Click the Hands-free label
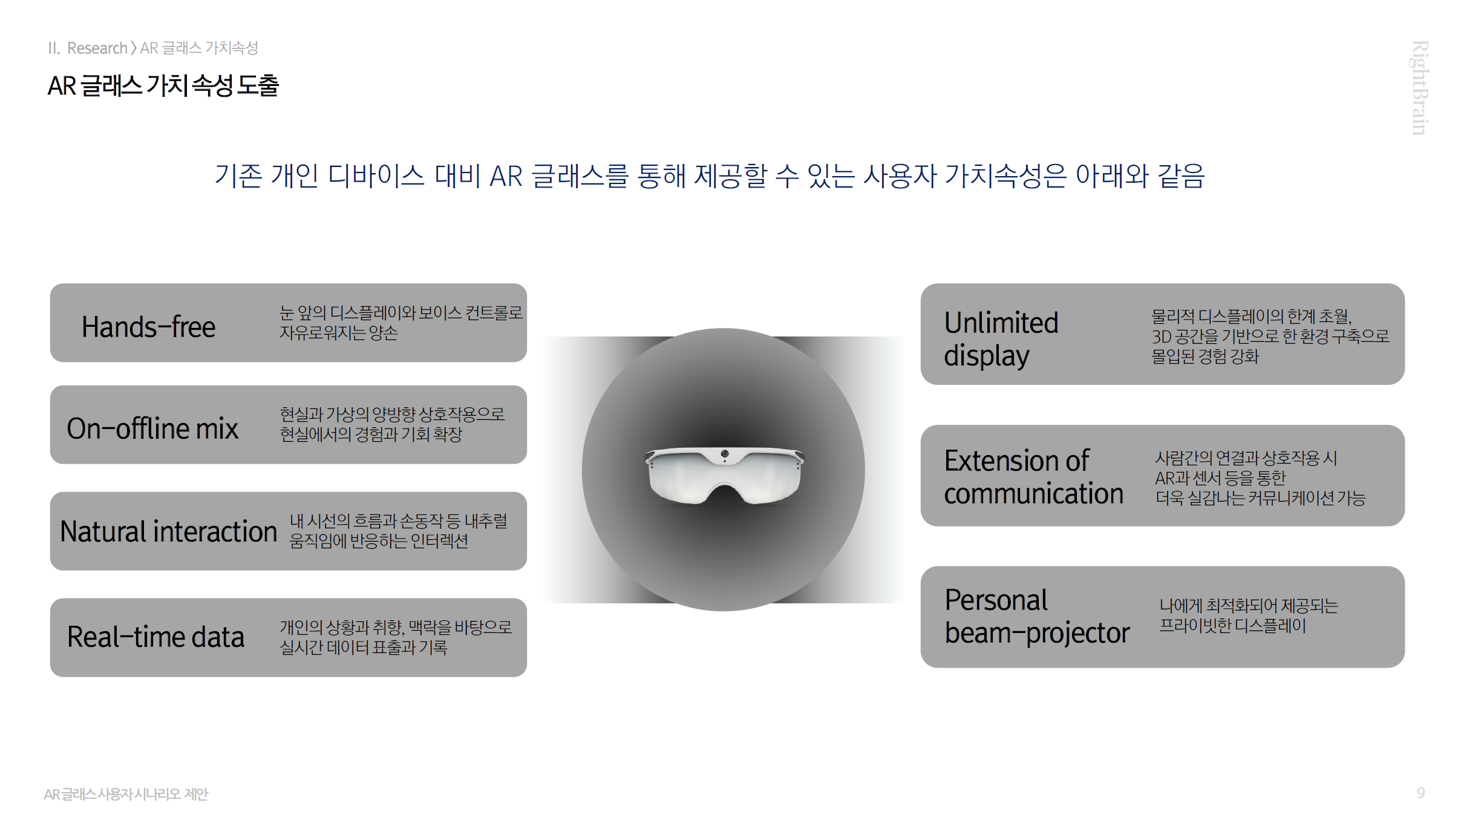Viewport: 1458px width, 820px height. click(148, 327)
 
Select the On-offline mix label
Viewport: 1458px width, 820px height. click(152, 428)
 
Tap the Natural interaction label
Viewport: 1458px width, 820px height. click(168, 531)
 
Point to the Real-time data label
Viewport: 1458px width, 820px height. click(155, 637)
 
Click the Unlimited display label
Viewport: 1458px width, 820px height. click(1001, 339)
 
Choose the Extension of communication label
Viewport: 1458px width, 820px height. click(1034, 477)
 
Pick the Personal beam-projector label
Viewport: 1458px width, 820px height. click(1037, 617)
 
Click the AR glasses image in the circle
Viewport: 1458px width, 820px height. click(724, 475)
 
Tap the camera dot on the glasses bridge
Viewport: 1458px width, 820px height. click(725, 454)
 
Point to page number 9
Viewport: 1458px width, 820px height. click(1420, 793)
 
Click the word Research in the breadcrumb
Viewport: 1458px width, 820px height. click(97, 48)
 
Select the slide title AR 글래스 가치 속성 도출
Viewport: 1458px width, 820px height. click(163, 85)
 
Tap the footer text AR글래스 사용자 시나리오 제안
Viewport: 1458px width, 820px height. click(126, 794)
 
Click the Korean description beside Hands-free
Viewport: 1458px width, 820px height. click(400, 323)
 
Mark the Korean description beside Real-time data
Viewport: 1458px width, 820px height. click(396, 637)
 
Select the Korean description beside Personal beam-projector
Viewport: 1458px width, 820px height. click(1249, 615)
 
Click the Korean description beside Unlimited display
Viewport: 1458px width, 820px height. click(1270, 336)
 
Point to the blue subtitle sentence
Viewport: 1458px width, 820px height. click(710, 176)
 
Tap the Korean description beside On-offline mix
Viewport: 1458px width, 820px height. click(392, 424)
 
